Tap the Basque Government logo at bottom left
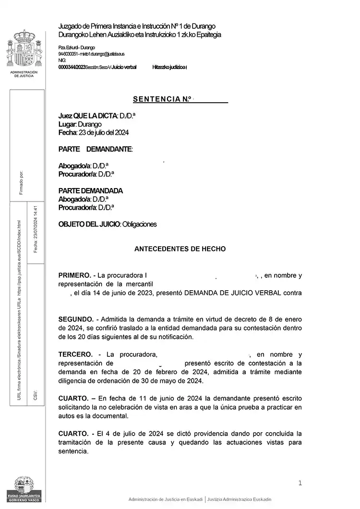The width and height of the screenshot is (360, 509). click(x=23, y=489)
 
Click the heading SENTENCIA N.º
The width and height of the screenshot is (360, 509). click(x=163, y=99)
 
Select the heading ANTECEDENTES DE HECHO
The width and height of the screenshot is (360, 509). click(x=180, y=249)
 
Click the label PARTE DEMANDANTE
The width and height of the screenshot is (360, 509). click(x=95, y=149)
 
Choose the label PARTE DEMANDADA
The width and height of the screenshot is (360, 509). click(x=90, y=190)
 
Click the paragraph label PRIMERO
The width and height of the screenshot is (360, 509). click(x=74, y=275)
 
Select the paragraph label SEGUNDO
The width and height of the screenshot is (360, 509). click(x=76, y=319)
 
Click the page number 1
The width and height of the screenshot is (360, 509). click(x=300, y=483)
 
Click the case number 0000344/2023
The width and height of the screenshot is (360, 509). click(x=71, y=67)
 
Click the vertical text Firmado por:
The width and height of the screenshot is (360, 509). click(x=21, y=183)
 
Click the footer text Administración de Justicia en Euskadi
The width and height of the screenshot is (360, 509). click(x=166, y=499)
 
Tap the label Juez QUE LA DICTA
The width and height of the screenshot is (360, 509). click(x=87, y=116)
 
